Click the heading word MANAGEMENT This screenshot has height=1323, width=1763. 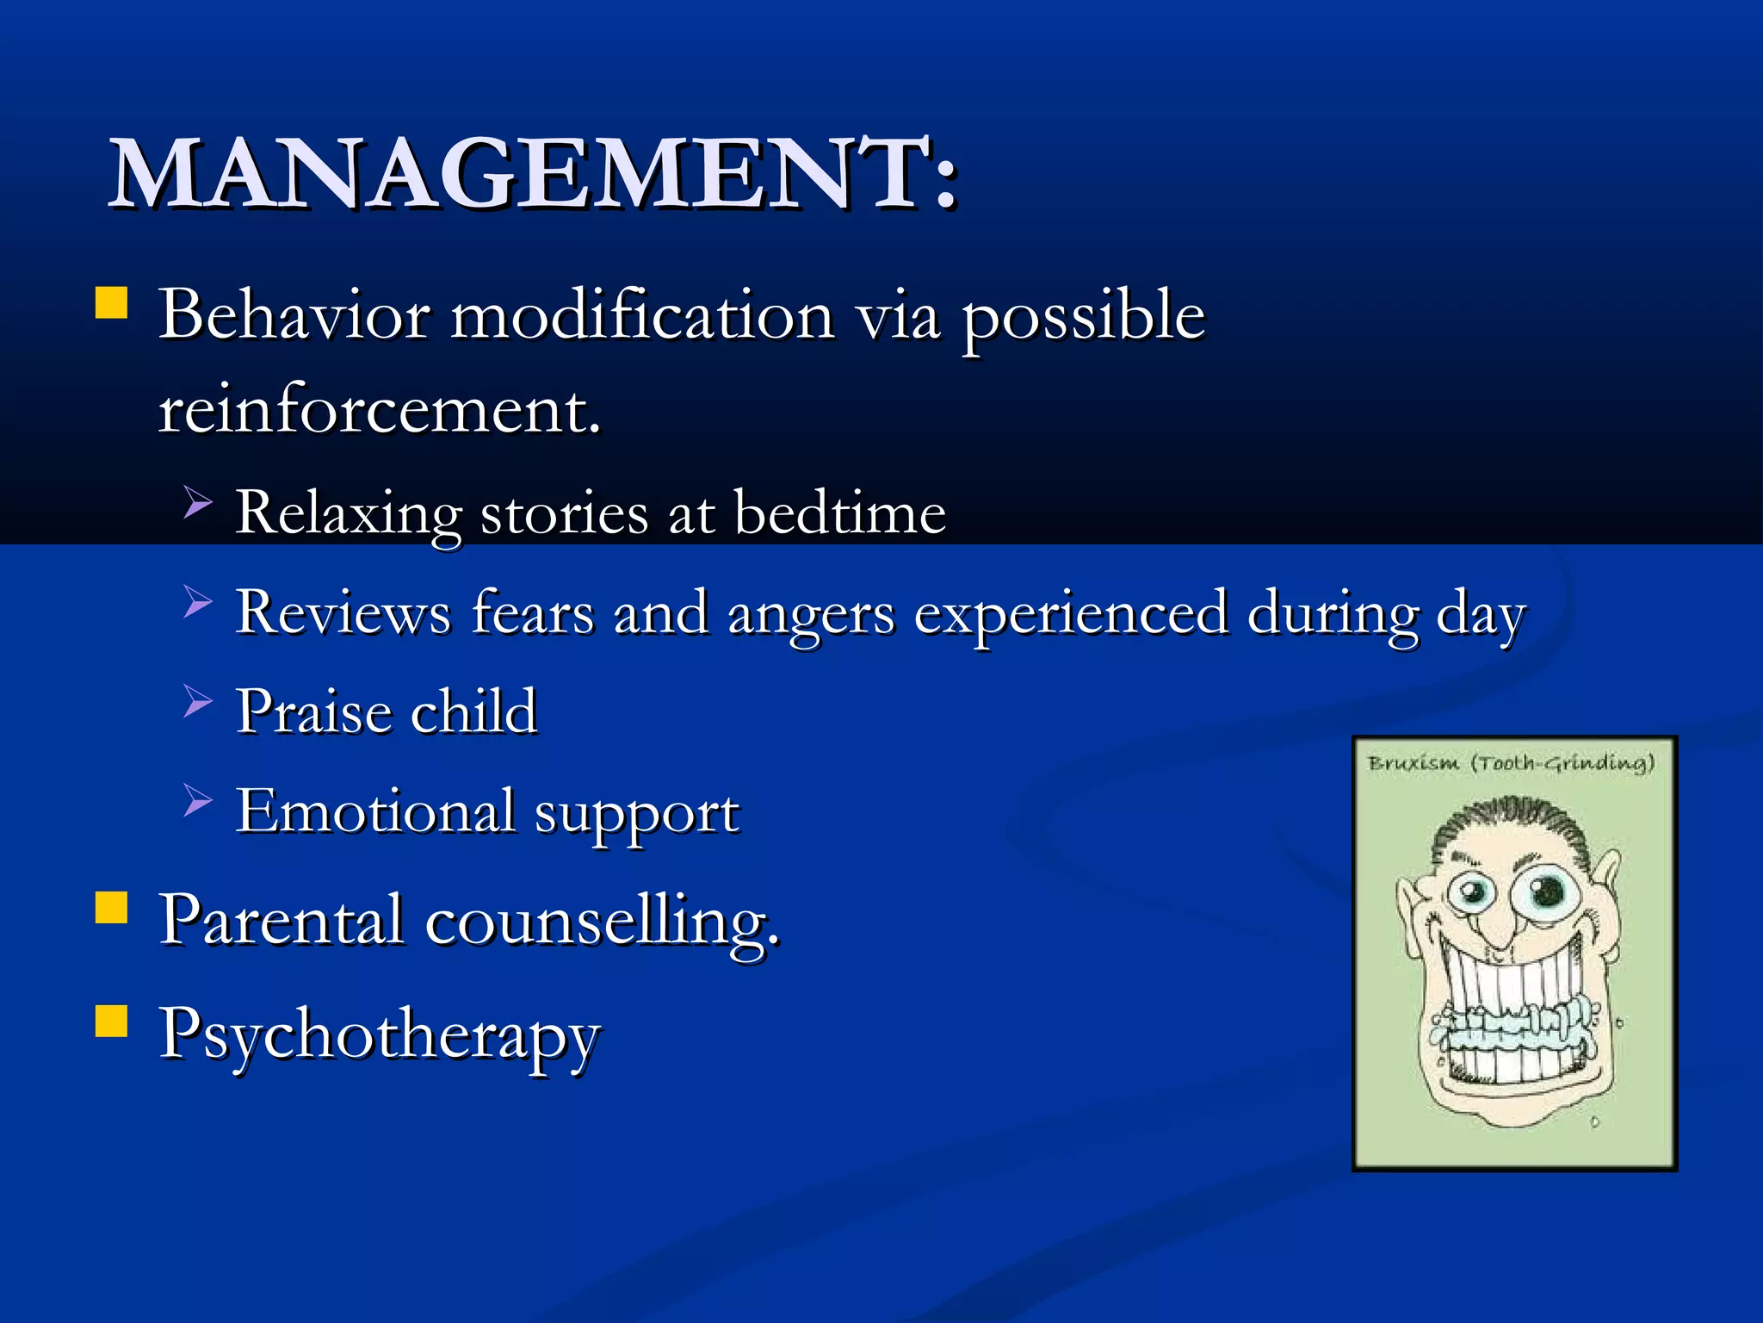tap(517, 175)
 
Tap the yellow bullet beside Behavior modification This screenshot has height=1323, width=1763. tap(112, 304)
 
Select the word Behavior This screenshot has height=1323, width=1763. tap(294, 315)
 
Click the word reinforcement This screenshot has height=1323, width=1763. tap(379, 410)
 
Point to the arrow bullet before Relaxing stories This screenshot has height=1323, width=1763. tap(197, 501)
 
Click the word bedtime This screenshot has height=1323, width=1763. tap(839, 513)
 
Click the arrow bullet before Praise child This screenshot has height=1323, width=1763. tap(197, 701)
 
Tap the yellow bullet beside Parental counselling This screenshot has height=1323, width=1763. tap(112, 908)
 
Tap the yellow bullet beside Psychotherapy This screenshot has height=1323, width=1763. tap(112, 1022)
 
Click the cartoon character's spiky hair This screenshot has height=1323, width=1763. tap(1511, 818)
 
